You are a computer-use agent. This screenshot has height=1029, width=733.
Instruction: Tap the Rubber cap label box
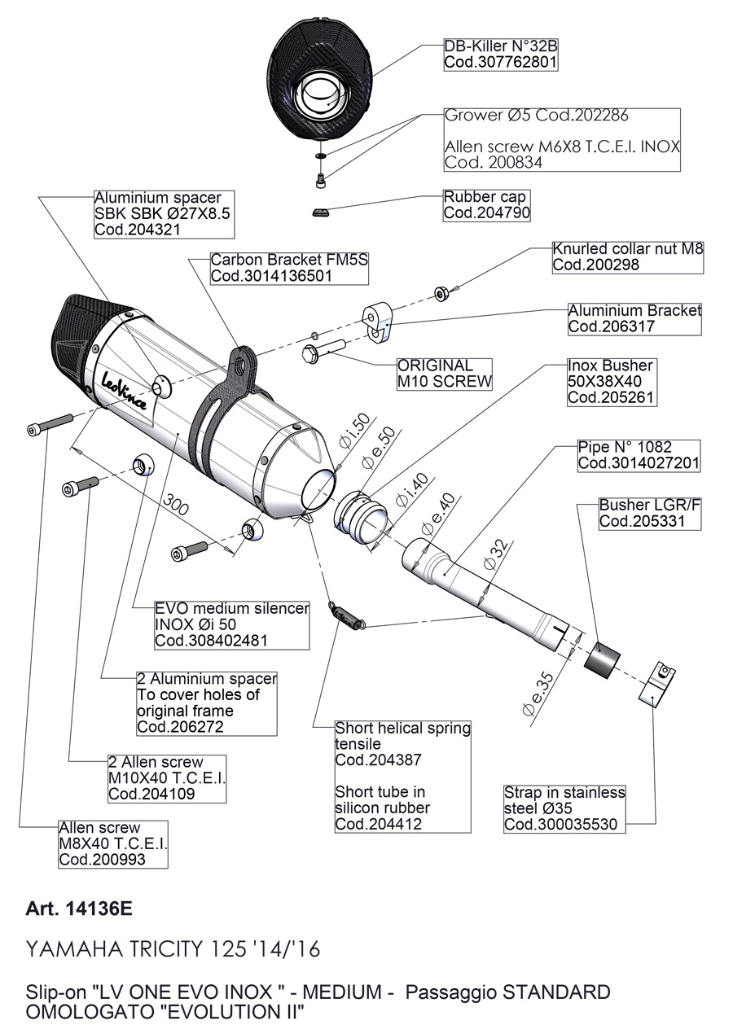pyautogui.click(x=486, y=205)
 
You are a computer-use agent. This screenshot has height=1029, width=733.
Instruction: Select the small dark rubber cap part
pyautogui.click(x=321, y=212)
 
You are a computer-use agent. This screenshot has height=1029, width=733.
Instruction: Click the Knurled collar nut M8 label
pyautogui.click(x=627, y=256)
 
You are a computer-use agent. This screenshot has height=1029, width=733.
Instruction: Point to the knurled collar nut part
pyautogui.click(x=440, y=293)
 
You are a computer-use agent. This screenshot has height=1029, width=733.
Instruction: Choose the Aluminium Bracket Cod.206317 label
pyautogui.click(x=634, y=318)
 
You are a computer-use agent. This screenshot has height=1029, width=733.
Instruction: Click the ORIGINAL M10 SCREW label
pyautogui.click(x=444, y=374)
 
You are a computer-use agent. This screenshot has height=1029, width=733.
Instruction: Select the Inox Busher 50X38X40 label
pyautogui.click(x=611, y=382)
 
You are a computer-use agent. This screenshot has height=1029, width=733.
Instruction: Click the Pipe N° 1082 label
pyautogui.click(x=638, y=455)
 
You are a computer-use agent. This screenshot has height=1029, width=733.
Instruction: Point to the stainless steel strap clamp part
pyautogui.click(x=657, y=684)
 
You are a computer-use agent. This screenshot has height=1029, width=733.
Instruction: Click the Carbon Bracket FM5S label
pyautogui.click(x=290, y=268)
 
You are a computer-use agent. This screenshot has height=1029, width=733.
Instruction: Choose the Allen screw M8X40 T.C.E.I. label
pyautogui.click(x=112, y=844)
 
